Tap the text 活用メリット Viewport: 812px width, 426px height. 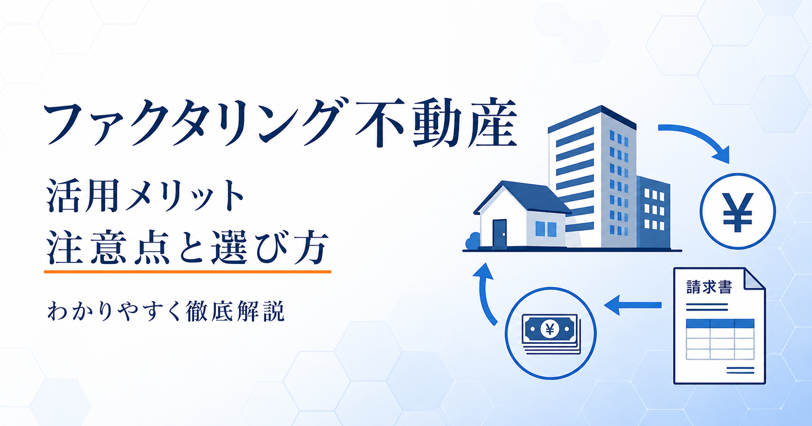[146, 195]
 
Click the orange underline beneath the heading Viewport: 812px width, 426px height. [188, 271]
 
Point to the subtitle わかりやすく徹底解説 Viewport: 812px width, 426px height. [166, 311]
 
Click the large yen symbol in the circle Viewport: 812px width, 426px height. [737, 212]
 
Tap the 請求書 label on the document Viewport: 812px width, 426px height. [709, 287]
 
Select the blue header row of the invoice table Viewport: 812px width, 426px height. [720, 323]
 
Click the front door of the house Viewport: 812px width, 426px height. [500, 232]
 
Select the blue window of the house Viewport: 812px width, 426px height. [546, 229]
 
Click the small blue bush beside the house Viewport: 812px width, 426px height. [473, 241]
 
